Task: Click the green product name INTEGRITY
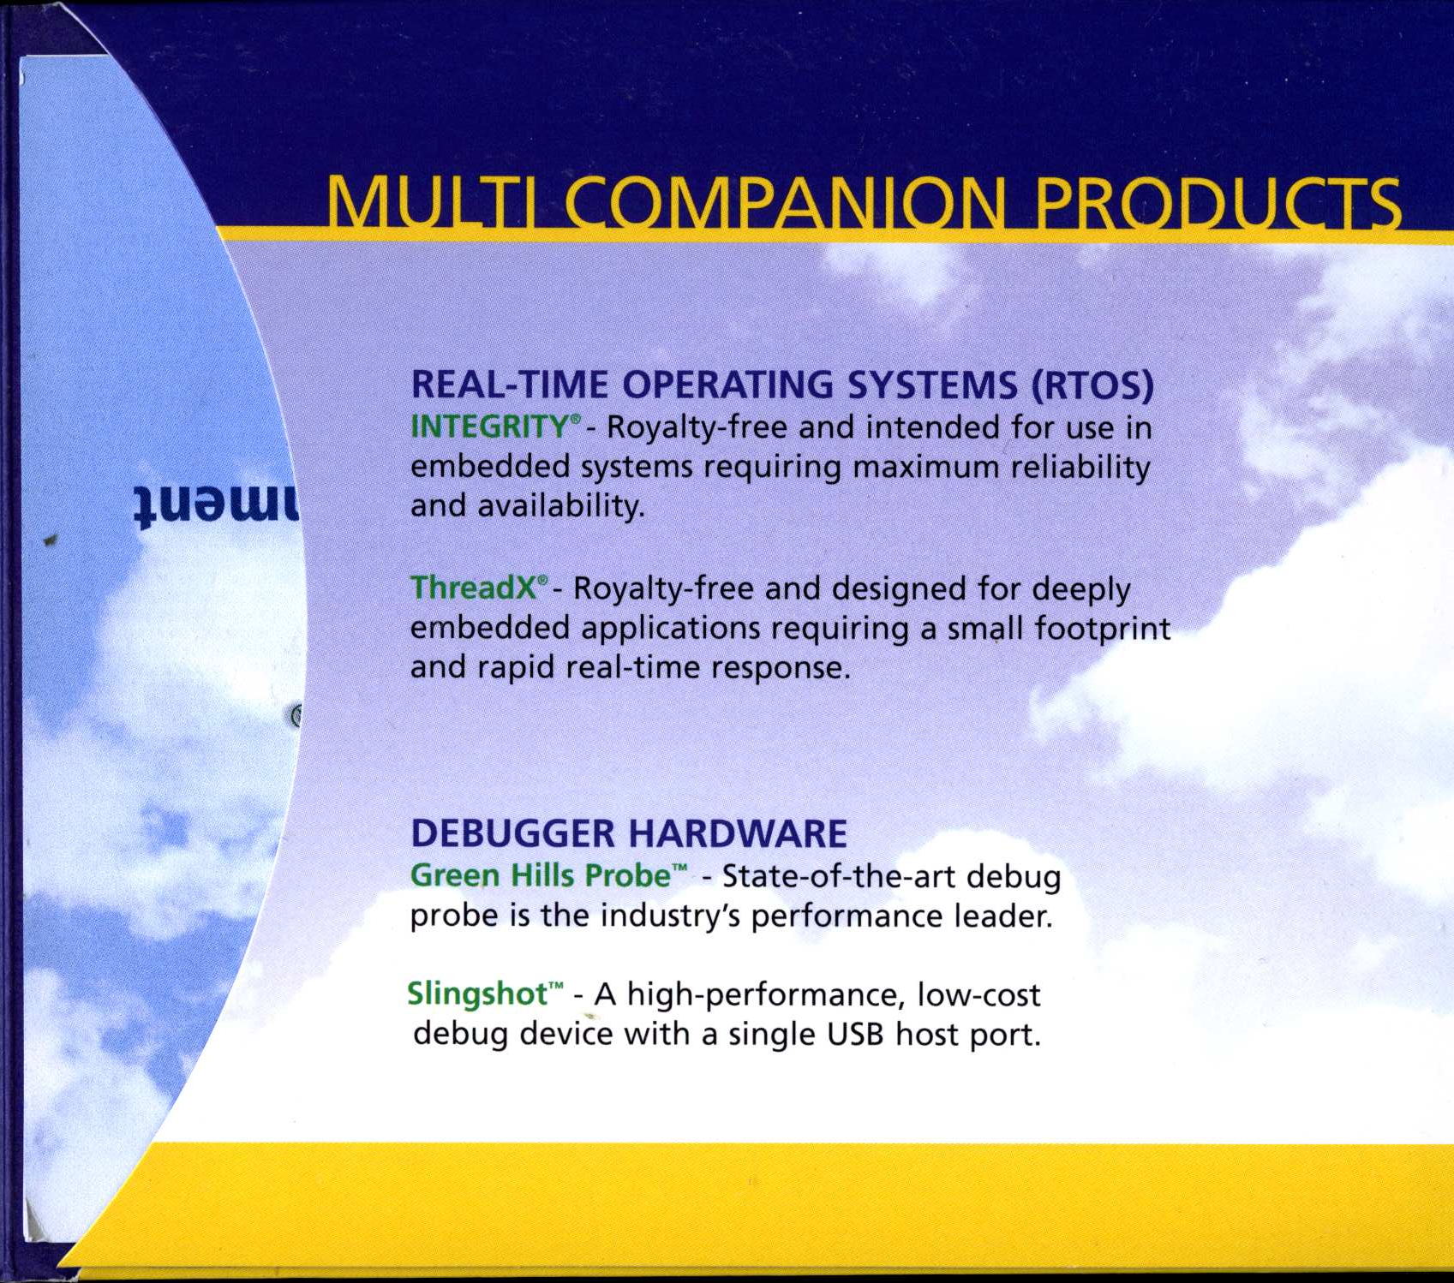(489, 426)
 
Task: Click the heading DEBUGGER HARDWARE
(629, 832)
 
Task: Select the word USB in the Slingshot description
(856, 1034)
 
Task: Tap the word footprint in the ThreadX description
(1103, 629)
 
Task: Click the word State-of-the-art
(840, 876)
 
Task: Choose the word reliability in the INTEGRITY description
(1080, 467)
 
